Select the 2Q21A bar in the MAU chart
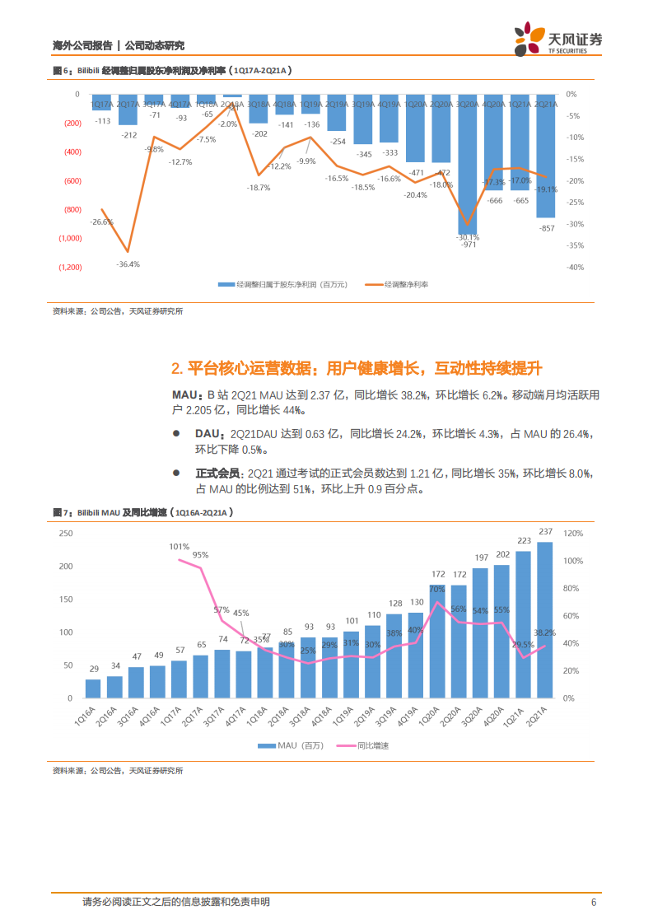point(544,619)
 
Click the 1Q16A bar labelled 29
point(93,688)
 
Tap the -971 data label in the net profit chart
point(469,245)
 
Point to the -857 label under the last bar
point(545,227)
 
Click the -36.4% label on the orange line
point(128,264)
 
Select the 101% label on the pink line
point(180,546)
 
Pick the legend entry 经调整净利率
point(403,284)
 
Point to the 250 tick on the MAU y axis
point(65,534)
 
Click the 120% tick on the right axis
point(573,534)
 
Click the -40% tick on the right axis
point(575,267)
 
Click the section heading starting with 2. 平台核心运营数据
point(356,368)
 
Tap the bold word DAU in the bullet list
point(208,433)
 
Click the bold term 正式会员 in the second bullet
point(218,474)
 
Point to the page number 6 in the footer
point(593,902)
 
